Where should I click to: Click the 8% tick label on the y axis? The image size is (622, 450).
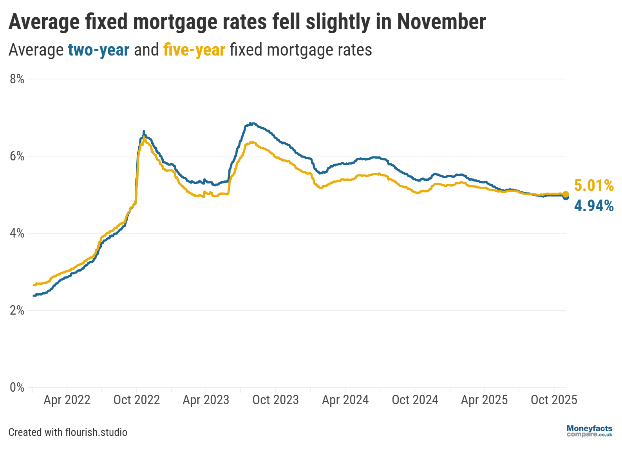click(17, 79)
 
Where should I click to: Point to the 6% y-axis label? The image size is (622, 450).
click(17, 156)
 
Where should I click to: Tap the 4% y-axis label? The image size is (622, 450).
click(17, 233)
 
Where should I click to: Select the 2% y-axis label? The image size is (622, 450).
click(17, 310)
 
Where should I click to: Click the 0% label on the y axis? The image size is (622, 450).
click(17, 387)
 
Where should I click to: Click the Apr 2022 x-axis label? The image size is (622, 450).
click(67, 400)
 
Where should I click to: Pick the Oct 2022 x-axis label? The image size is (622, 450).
click(137, 400)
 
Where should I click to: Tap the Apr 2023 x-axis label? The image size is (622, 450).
click(206, 400)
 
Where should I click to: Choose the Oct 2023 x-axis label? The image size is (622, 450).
click(276, 400)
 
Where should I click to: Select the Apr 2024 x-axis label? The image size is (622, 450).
click(345, 400)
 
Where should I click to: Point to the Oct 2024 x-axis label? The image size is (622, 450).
click(415, 400)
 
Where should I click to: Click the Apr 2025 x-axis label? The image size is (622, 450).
click(485, 400)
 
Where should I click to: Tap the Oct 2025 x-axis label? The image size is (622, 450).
click(554, 400)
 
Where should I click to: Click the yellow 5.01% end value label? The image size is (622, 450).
click(594, 185)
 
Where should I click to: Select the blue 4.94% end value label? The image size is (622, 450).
click(594, 206)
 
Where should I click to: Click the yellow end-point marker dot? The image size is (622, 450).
click(566, 194)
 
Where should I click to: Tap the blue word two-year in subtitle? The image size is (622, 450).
click(99, 50)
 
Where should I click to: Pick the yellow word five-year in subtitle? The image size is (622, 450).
click(194, 50)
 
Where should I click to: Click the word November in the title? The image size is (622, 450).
click(441, 22)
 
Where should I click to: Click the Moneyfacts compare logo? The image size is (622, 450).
click(589, 431)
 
